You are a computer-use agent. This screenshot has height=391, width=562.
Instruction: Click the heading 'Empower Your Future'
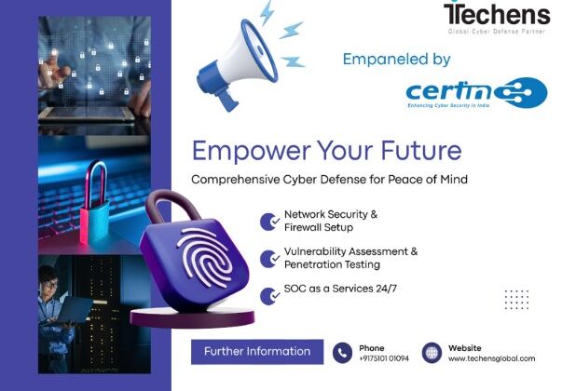pyautogui.click(x=326, y=150)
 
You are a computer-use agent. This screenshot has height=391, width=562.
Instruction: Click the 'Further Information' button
pyautogui.click(x=257, y=351)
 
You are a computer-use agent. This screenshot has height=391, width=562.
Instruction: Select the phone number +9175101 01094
pyautogui.click(x=384, y=359)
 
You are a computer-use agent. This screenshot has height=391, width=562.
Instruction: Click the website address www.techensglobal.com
pyautogui.click(x=492, y=359)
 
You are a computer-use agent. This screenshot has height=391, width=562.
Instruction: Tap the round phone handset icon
pyautogui.click(x=343, y=353)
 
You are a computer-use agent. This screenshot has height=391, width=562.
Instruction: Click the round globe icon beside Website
pyautogui.click(x=432, y=353)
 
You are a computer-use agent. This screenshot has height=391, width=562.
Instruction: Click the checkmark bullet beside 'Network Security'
pyautogui.click(x=270, y=221)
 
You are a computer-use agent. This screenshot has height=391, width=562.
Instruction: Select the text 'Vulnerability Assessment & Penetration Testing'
pyautogui.click(x=350, y=258)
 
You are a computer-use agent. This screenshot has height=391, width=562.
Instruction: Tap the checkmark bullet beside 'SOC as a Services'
pyautogui.click(x=270, y=293)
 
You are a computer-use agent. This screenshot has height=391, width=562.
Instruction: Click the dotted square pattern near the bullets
pyautogui.click(x=516, y=299)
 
